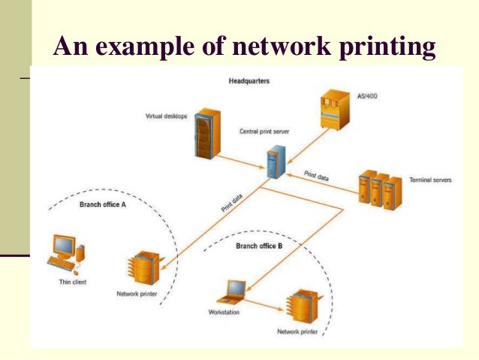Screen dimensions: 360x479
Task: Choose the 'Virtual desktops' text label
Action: [x=166, y=116]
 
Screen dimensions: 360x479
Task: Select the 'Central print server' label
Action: [x=264, y=131]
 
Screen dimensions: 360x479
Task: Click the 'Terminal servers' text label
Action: [x=430, y=180]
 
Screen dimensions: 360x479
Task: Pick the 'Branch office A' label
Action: [x=102, y=205]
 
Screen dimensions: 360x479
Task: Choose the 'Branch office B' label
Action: [x=259, y=246]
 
